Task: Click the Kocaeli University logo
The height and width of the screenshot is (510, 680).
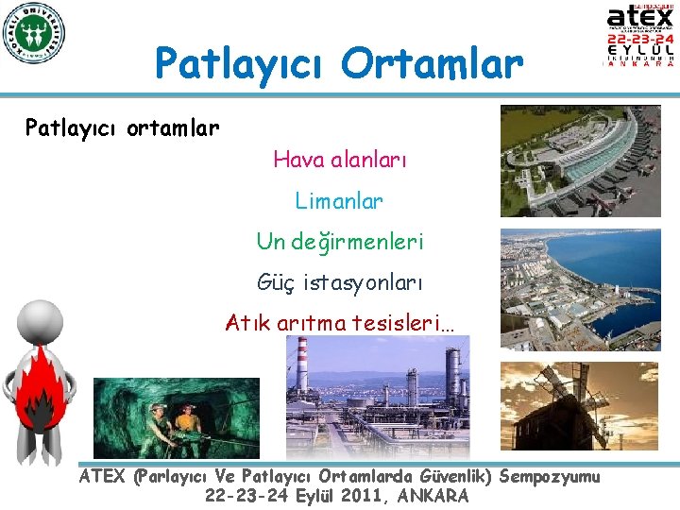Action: click(x=34, y=34)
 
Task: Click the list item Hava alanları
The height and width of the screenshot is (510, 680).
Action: click(x=339, y=161)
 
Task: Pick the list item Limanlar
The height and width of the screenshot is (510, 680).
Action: click(x=339, y=201)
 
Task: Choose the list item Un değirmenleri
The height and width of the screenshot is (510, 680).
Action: click(x=339, y=242)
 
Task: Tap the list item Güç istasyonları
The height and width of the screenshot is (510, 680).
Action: click(x=339, y=281)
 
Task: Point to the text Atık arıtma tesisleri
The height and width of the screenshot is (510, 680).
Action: click(x=339, y=323)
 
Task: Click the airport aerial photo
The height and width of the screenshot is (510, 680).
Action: click(x=580, y=161)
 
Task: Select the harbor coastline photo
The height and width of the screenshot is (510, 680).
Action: click(x=580, y=291)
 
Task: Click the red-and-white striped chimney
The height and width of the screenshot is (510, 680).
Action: click(x=302, y=364)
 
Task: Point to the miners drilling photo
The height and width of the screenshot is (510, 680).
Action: click(x=176, y=417)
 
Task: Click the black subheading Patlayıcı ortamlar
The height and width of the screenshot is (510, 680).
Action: click(x=122, y=127)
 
